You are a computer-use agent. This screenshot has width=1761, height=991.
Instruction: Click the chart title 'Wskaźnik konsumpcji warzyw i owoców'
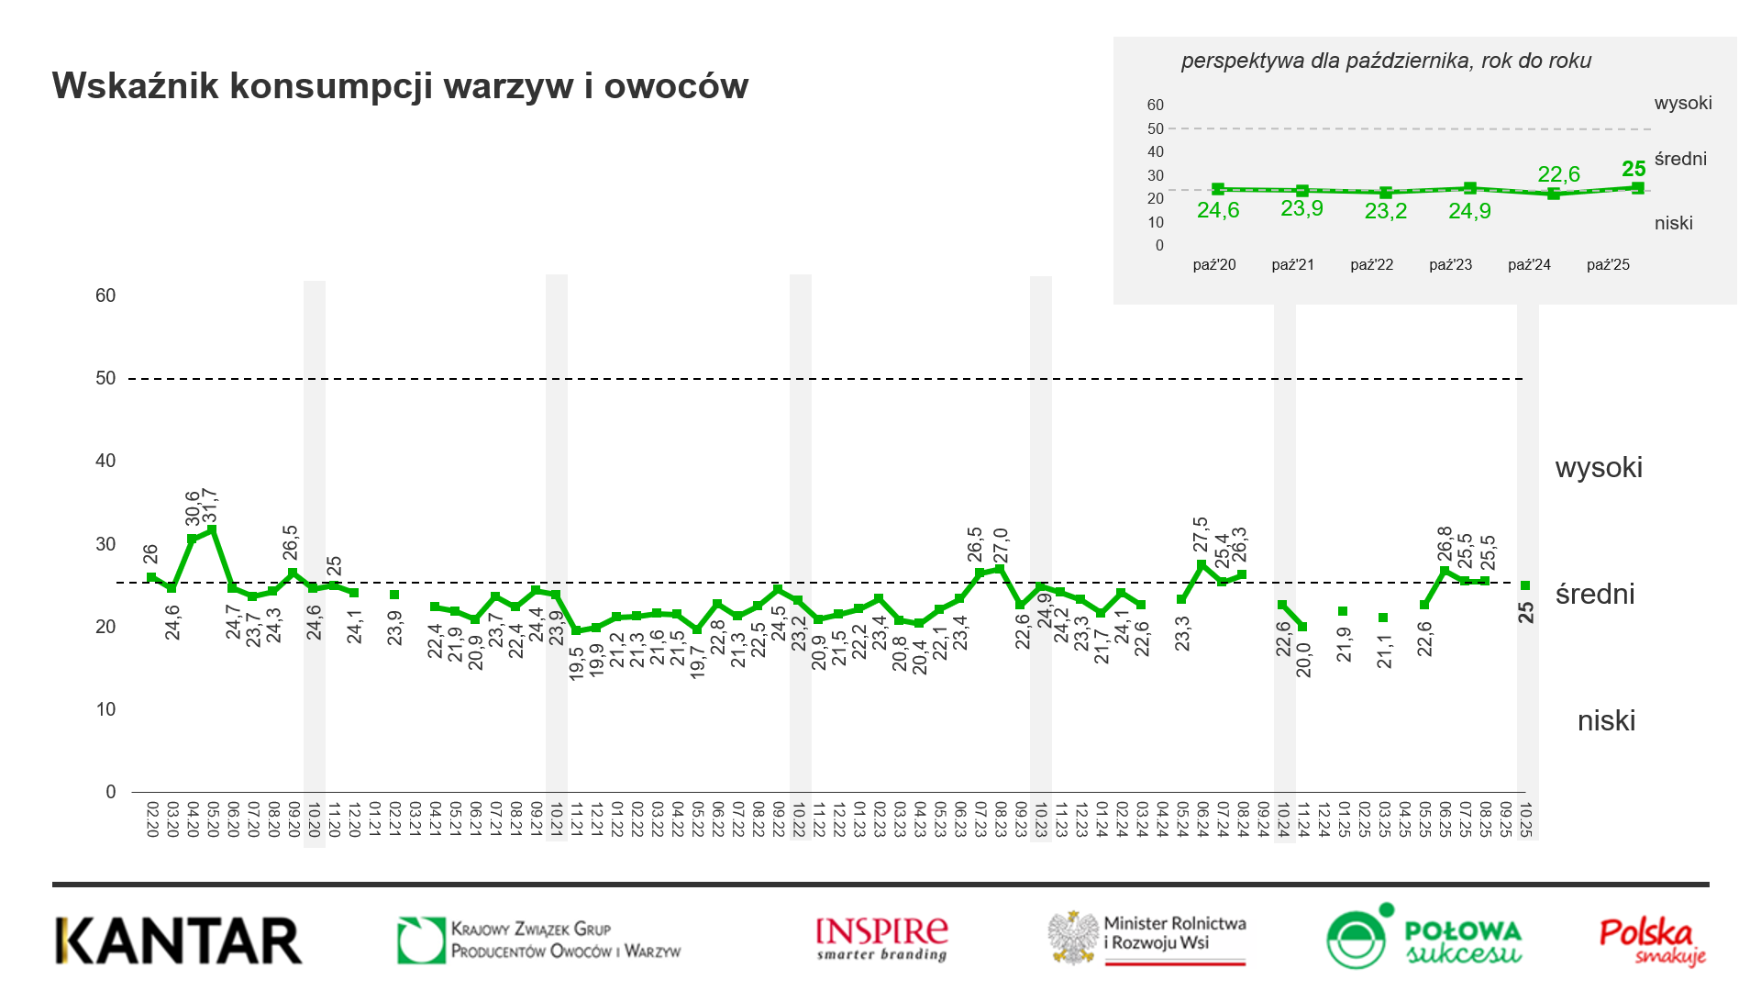400,86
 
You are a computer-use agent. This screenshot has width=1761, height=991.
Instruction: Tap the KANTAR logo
179,941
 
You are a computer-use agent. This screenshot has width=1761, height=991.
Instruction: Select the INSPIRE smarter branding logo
881,939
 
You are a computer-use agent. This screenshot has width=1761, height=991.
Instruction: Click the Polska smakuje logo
1652,941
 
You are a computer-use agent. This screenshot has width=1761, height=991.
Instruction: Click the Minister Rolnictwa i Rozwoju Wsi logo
1147,938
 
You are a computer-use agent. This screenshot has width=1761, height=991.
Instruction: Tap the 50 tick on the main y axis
105,378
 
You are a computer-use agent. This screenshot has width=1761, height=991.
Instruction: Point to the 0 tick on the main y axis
111,792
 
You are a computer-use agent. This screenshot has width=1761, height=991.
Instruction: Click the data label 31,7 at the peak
211,507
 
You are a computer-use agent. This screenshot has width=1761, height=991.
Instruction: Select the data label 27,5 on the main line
1202,535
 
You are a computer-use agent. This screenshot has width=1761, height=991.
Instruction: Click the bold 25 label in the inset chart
1634,170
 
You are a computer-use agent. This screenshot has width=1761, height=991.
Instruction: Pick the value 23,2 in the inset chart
1385,212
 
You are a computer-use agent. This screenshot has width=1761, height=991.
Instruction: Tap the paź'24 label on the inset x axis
1529,265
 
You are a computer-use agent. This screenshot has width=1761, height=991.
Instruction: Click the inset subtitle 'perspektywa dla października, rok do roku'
1385,61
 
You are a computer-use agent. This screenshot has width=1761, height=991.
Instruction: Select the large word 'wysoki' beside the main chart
1599,468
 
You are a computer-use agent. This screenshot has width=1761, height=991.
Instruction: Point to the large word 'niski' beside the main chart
1606,721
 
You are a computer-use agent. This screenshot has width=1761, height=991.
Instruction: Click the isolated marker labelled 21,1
1383,618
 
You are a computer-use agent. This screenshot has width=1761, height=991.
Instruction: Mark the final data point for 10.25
1525,585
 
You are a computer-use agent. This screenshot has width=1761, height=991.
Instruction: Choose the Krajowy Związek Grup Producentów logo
539,941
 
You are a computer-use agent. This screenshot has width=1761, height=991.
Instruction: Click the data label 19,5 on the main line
577,663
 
